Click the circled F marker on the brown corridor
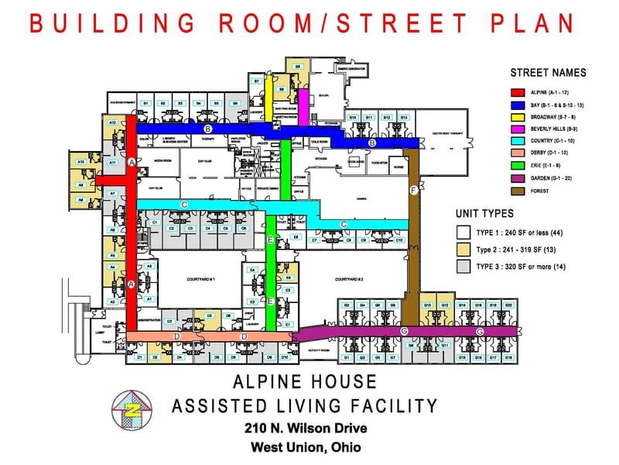click(414, 190)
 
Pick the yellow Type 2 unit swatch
click(464, 250)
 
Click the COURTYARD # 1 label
click(200, 279)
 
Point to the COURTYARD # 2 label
click(350, 279)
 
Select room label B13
click(404, 117)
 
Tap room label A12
click(112, 122)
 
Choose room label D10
click(285, 357)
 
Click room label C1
click(155, 222)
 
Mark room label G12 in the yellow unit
click(445, 305)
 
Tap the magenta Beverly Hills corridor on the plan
click(304, 104)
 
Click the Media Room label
click(162, 160)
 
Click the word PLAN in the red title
click(533, 23)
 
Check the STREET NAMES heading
click(548, 73)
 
